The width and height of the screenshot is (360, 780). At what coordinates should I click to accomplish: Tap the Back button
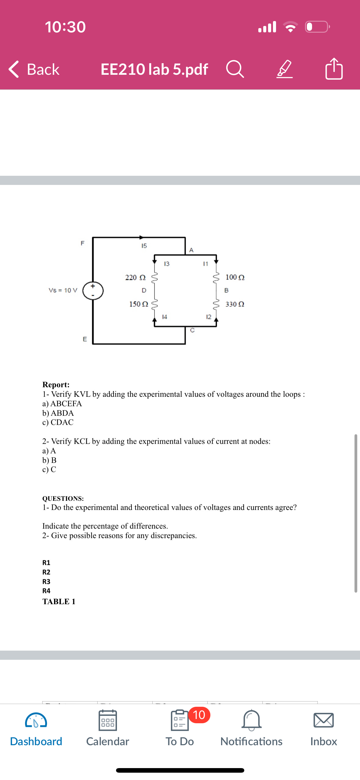(34, 69)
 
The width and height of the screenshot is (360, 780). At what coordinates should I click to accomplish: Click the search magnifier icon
(235, 69)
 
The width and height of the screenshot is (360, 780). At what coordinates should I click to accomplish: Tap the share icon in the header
(334, 69)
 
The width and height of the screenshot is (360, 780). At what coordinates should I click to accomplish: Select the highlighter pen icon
(284, 69)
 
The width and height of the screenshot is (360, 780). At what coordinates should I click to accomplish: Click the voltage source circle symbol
(93, 291)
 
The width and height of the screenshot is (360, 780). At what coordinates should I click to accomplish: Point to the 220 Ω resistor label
(135, 277)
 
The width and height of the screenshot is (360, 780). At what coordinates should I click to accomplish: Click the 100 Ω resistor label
(235, 277)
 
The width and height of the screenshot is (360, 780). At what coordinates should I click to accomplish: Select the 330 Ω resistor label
(235, 304)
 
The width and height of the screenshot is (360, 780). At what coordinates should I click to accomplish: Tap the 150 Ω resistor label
(139, 304)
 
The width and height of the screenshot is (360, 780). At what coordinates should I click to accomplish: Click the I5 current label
(144, 246)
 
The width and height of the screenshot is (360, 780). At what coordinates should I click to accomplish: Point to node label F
(82, 243)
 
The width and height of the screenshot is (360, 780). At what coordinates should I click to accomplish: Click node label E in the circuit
(85, 339)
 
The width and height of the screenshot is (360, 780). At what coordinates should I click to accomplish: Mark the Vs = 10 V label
(63, 290)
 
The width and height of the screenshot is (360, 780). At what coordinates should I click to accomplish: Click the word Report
(56, 385)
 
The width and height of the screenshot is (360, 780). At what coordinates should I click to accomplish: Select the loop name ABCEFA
(66, 403)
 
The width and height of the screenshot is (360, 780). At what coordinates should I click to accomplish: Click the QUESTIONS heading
(63, 498)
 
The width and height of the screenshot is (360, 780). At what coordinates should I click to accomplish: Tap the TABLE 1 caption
(59, 601)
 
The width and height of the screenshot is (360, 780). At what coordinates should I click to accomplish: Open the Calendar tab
(107, 728)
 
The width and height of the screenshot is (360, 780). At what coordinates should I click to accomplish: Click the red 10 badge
(199, 715)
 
